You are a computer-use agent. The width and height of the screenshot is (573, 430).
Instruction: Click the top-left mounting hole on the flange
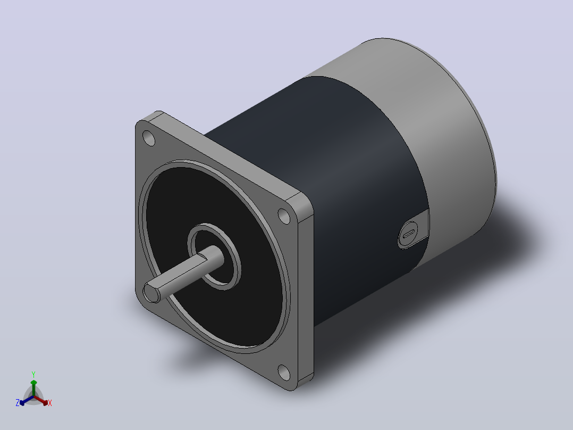pos(149,138)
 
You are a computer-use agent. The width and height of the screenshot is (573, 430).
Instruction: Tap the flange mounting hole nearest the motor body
pos(284,216)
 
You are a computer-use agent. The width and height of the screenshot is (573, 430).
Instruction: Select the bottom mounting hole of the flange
pos(284,372)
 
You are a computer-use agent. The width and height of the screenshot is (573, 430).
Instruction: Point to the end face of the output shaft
pos(151,292)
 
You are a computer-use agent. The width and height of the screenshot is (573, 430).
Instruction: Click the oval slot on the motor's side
pos(409,234)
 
